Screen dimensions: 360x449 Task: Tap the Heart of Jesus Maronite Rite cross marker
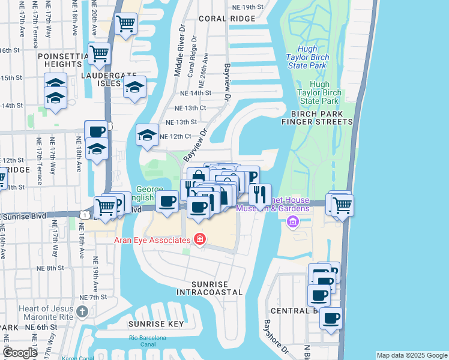click(82, 312)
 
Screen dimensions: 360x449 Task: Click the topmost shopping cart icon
click(125, 25)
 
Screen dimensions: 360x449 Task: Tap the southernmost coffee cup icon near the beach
click(330, 318)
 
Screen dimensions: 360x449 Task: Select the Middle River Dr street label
click(178, 55)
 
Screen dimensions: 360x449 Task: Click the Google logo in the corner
click(20, 353)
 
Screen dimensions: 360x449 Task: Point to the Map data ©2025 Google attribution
click(412, 355)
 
